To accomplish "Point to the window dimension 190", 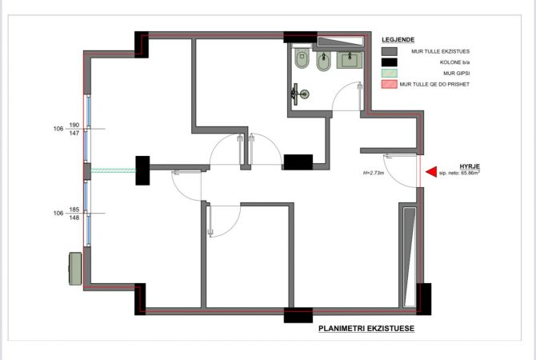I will pyautogui.click(x=74, y=126).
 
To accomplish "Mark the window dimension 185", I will pyautogui.click(x=74, y=210).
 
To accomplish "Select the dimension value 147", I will pyautogui.click(x=74, y=134).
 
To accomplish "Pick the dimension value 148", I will pyautogui.click(x=74, y=218).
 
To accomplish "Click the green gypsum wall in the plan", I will pyautogui.click(x=113, y=170).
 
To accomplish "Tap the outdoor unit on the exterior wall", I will pyautogui.click(x=76, y=268).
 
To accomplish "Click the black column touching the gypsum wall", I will pyautogui.click(x=143, y=170).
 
